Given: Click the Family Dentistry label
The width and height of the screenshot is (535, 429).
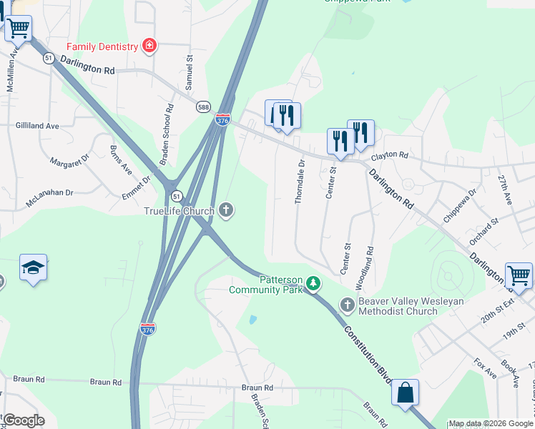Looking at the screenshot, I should pos(102,47).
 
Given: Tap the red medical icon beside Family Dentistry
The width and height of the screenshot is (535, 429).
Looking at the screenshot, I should pos(149,46).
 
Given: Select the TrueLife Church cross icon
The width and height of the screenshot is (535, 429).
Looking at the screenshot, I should pos(226,210).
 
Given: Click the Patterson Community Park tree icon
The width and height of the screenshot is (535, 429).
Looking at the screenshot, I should pos(313,285).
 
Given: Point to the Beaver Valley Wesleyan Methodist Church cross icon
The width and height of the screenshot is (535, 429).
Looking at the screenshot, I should pos(347,305).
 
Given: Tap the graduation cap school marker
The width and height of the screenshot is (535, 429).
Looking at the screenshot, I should pos(33,267).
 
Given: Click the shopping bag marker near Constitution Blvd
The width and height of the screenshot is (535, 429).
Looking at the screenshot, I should pos(405,393).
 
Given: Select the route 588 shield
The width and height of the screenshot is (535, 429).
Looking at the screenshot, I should pos(204,106).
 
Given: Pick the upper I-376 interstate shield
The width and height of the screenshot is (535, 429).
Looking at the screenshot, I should pos(223,120).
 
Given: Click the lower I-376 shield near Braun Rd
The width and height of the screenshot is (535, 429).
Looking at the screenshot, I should pos(146,328).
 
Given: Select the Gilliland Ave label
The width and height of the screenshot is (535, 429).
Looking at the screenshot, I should pos(37,125).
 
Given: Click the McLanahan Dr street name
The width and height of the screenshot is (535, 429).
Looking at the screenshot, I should pos(50,193).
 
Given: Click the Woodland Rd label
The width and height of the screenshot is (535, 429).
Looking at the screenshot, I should pos(370,267).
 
